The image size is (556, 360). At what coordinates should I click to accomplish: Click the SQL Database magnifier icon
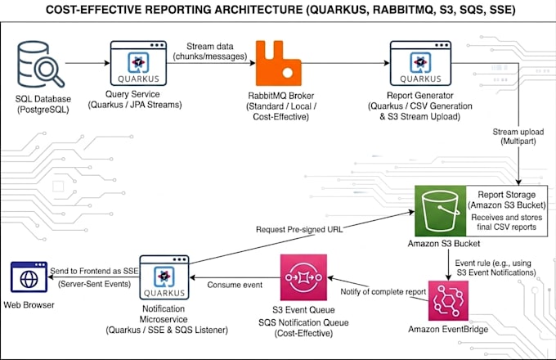(x=41, y=64)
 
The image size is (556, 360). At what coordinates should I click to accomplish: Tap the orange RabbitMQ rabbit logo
(x=278, y=63)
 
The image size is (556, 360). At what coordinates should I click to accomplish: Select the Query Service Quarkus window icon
(x=138, y=63)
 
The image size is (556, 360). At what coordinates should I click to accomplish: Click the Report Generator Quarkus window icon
(x=420, y=63)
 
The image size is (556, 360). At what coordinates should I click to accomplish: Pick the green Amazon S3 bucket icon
(x=441, y=210)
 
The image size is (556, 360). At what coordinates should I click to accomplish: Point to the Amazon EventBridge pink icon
(x=448, y=301)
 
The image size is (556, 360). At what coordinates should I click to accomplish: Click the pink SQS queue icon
(x=303, y=277)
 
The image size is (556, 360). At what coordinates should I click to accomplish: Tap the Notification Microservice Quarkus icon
(x=164, y=277)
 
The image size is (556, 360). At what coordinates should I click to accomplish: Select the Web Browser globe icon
(x=29, y=277)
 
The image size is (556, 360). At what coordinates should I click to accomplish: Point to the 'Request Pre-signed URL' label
(x=299, y=229)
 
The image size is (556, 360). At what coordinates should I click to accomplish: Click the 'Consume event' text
(x=235, y=285)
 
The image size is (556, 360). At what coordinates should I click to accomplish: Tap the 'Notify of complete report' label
(x=383, y=291)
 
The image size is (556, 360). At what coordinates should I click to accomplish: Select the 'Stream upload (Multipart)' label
(x=518, y=137)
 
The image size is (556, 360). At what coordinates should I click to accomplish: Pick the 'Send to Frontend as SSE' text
(x=94, y=271)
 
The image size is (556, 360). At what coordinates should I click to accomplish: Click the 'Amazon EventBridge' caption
(x=448, y=330)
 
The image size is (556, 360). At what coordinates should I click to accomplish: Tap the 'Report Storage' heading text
(x=507, y=195)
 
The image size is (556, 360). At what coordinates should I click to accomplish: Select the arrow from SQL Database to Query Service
(x=87, y=63)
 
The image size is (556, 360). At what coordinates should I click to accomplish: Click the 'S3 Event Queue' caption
(x=303, y=310)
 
